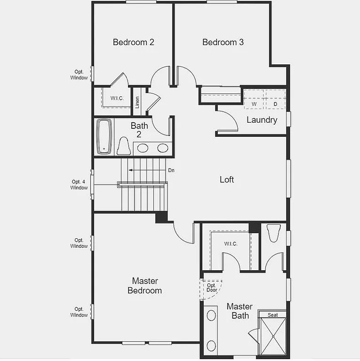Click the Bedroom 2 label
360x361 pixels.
pos(133,42)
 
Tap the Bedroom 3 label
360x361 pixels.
pos(223,42)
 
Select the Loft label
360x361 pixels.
pos(227,180)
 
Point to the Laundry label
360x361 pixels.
pos(262,120)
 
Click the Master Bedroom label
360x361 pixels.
pos(144,286)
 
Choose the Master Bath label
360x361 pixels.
pos(240,311)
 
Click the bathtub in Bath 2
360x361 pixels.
pos(104,136)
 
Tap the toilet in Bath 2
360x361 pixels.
pos(124,146)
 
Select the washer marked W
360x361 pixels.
pos(254,104)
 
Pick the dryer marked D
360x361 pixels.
pos(275,104)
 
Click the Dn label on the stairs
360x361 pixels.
pos(171,170)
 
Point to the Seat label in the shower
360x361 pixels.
pos(272,315)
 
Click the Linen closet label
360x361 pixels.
pos(137,102)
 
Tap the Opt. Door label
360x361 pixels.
pos(211,288)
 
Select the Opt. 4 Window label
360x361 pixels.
pos(79,185)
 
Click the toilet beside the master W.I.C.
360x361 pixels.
pos(273,233)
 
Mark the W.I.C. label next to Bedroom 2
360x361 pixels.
pos(117,98)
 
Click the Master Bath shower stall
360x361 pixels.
pos(272,336)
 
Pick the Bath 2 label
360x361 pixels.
pos(139,130)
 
